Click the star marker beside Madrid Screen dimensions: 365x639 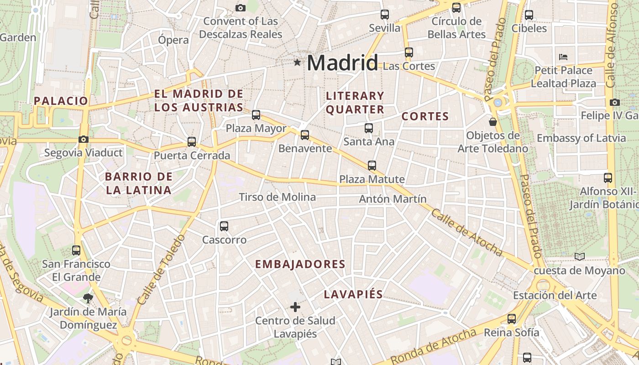click(298, 62)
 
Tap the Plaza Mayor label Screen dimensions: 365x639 click(256, 129)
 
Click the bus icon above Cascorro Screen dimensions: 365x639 click(224, 226)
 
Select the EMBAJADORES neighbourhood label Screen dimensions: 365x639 click(300, 264)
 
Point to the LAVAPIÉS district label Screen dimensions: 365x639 click(353, 294)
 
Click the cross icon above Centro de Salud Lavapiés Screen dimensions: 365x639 click(295, 307)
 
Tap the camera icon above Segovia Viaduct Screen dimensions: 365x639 click(84, 140)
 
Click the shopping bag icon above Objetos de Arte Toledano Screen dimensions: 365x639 click(493, 122)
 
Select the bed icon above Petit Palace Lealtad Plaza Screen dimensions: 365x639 click(563, 57)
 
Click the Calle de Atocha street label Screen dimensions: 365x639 click(466, 233)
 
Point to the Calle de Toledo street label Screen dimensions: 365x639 click(162, 270)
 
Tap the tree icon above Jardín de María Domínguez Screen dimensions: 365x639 click(88, 298)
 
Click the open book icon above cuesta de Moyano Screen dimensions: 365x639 click(580, 257)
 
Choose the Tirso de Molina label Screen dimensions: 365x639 click(278, 197)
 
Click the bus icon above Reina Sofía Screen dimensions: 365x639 click(512, 319)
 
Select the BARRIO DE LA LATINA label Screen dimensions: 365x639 click(139, 183)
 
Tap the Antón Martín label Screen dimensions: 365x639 click(393, 199)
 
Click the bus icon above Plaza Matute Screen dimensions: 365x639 click(372, 166)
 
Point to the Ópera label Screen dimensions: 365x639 click(173, 40)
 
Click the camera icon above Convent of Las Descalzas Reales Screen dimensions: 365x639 click(241, 8)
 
